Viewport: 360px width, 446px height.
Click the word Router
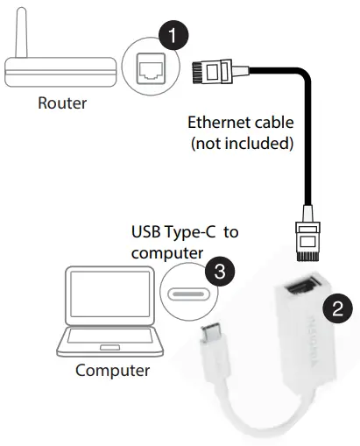point(62,103)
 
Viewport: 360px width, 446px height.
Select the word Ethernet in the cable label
point(219,124)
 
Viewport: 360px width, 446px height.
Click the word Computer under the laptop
point(112,370)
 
